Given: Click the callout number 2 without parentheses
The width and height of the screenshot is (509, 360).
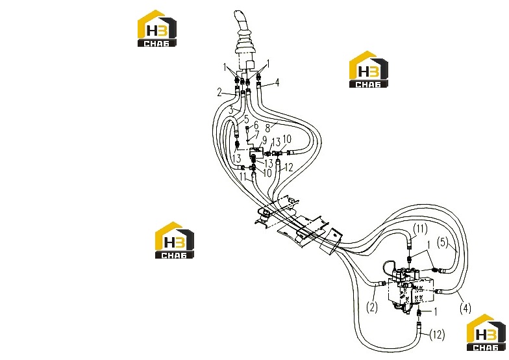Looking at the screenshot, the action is pos(219,93).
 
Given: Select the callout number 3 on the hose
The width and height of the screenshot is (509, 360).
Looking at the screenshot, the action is pos(231,110).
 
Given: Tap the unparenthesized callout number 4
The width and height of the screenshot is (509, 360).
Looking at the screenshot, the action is pos(277,83).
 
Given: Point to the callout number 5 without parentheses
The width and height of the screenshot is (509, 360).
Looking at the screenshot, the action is pos(247,120).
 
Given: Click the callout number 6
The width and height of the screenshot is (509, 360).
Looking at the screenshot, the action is pos(256,125).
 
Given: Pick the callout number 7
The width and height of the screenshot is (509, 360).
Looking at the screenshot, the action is pos(257,134).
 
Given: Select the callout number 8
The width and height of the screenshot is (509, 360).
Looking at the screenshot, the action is pos(267,127).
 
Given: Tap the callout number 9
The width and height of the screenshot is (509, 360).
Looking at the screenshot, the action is pos(265,140).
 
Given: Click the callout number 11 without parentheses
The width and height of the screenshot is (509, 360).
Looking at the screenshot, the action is pos(243,177).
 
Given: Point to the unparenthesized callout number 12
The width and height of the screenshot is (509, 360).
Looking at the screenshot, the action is pos(288,168).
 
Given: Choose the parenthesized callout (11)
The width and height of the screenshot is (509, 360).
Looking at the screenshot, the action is pos(421,230).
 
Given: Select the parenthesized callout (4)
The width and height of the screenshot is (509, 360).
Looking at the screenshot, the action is pos(466,308).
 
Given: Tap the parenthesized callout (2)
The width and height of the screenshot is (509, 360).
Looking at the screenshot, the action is pos(372,307).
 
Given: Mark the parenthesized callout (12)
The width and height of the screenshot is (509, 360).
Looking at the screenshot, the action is pos(437,334).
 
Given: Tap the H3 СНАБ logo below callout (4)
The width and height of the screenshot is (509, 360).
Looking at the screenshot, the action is pos(486,332).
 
